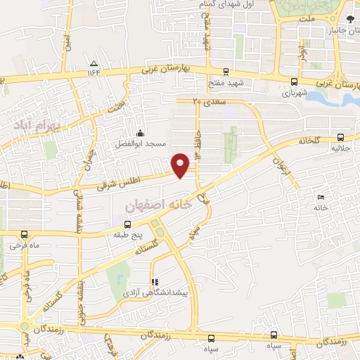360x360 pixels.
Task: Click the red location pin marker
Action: point(181,165)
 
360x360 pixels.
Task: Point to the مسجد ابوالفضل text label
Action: point(141,143)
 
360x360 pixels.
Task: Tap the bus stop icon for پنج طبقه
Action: point(127,226)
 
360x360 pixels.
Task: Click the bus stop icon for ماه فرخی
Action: point(25,236)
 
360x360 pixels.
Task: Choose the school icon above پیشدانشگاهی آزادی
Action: point(154,281)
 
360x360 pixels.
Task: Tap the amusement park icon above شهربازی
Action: point(293,82)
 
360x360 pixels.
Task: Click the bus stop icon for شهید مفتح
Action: point(225,71)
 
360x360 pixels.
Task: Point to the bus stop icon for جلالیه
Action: point(340,138)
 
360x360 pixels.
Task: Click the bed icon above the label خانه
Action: point(321,197)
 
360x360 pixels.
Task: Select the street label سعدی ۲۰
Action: point(207,101)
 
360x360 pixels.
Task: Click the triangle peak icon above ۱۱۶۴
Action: point(94,62)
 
